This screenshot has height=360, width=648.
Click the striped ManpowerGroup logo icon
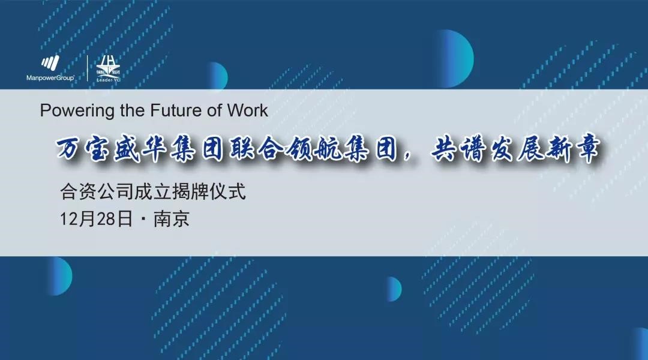click(x=50, y=63)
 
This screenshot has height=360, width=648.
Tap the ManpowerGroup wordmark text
click(x=50, y=78)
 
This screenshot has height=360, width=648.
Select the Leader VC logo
click(x=108, y=68)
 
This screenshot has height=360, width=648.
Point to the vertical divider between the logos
click(x=87, y=68)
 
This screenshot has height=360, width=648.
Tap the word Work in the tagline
click(x=248, y=110)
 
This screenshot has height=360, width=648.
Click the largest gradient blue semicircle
click(x=455, y=58)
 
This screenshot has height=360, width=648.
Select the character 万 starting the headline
click(x=68, y=149)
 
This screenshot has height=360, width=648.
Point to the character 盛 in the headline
click(x=126, y=149)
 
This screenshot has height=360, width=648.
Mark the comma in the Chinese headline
click(x=410, y=156)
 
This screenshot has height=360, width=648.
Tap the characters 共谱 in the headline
click(x=458, y=149)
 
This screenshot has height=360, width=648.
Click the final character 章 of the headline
click(x=587, y=149)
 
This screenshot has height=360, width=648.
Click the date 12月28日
click(x=96, y=218)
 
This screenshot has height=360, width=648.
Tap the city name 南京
click(x=172, y=218)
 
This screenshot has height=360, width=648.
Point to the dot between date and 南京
click(x=143, y=219)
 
